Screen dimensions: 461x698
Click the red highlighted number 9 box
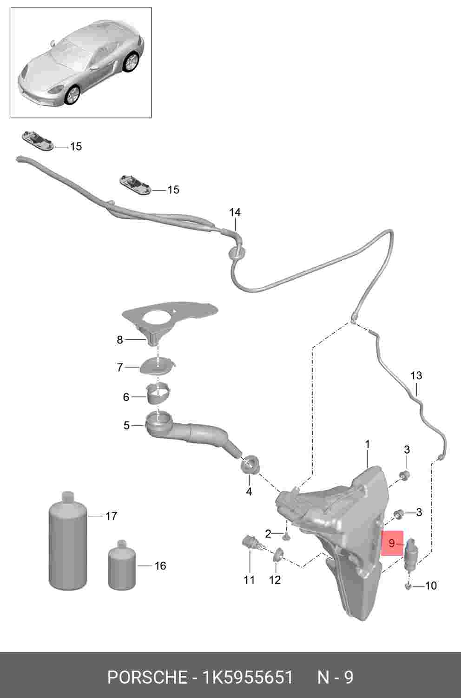392,543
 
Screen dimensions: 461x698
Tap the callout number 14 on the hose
235,212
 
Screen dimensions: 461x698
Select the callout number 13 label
416,375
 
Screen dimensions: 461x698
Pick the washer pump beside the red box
411,556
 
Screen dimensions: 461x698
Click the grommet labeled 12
278,554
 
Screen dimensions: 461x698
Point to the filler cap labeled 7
158,367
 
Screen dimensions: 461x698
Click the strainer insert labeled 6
158,394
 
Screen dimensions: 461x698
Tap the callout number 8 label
120,340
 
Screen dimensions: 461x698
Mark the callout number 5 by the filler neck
126,425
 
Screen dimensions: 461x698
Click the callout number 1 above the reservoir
367,444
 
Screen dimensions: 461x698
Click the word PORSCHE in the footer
147,678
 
